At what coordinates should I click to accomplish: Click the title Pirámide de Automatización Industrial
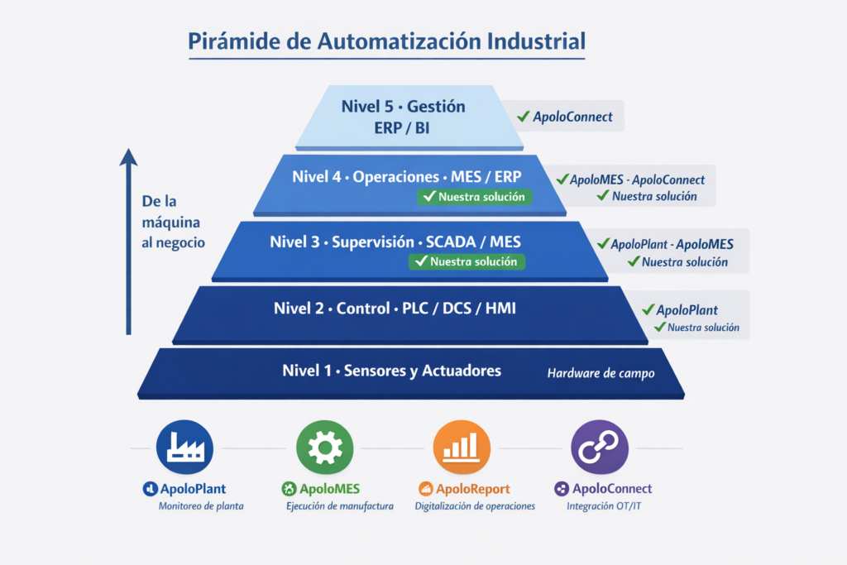(386, 41)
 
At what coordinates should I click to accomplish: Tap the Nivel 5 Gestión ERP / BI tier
(403, 117)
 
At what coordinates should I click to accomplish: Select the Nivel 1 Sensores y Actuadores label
(391, 370)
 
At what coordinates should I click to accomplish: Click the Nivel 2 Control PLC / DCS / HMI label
(400, 309)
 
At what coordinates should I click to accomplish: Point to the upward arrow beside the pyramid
(128, 240)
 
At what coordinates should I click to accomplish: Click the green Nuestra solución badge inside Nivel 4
(475, 197)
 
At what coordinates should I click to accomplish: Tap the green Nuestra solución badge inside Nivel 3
(467, 261)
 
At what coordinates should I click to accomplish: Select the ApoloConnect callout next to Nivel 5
(566, 117)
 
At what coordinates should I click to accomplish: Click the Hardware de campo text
(601, 373)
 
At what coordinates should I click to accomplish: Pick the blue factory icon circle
(184, 448)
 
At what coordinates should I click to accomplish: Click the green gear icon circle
(324, 448)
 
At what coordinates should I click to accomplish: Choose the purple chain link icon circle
(600, 448)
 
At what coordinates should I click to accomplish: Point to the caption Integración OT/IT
(603, 506)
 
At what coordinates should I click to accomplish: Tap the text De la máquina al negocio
(173, 222)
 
